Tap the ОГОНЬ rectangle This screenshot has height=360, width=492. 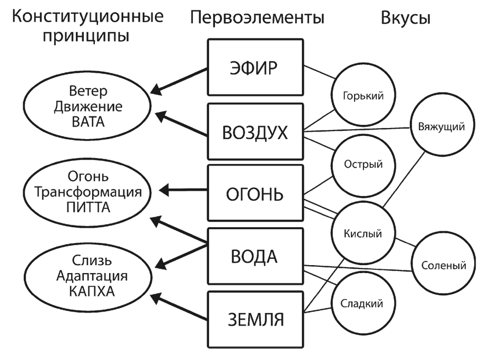point(255,194)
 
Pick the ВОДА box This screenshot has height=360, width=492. point(255,257)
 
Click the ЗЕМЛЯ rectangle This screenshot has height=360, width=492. point(255,319)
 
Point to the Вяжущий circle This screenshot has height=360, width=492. point(440,127)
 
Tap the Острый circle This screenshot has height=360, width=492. point(362,163)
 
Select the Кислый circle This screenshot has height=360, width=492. point(362,232)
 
